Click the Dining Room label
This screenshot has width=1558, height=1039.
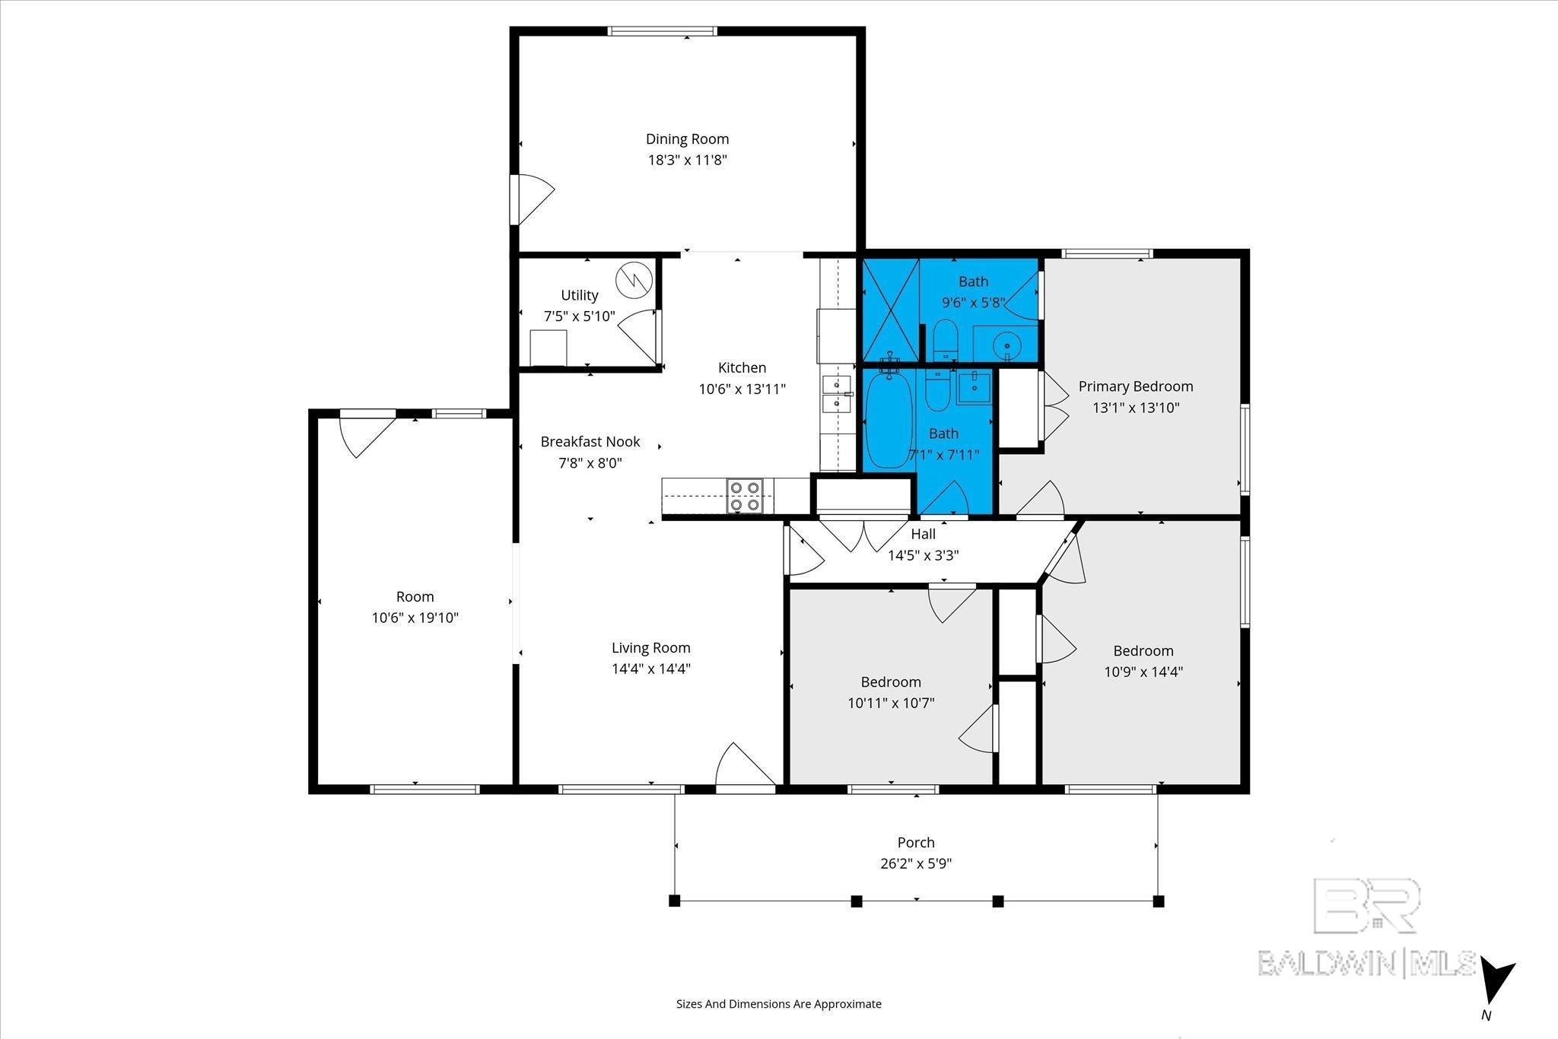tap(687, 139)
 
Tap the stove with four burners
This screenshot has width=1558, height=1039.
tap(744, 495)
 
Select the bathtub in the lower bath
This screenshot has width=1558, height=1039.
tap(887, 421)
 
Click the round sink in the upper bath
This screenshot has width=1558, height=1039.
tap(1006, 345)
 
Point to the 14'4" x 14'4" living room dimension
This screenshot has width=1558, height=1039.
tap(650, 669)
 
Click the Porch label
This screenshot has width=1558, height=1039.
tap(915, 843)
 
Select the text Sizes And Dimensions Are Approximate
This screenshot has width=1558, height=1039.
tap(778, 1004)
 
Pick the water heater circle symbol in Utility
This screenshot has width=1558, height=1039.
tap(634, 280)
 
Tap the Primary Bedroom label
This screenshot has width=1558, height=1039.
tap(1135, 386)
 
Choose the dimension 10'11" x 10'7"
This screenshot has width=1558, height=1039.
tap(891, 704)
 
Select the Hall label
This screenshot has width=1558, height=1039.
tap(923, 534)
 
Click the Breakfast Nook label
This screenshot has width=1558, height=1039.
tap(590, 442)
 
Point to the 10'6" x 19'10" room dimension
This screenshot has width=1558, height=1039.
tap(415, 618)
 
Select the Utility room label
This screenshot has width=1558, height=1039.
tap(580, 295)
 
